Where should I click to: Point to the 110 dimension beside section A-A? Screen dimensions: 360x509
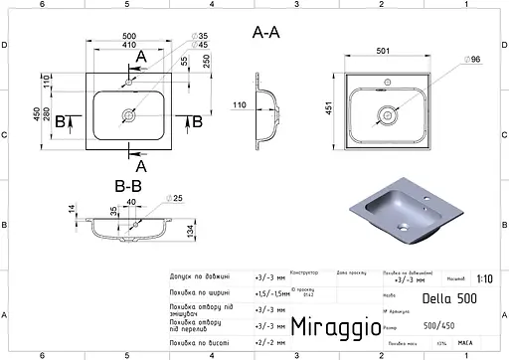click(x=240, y=103)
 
